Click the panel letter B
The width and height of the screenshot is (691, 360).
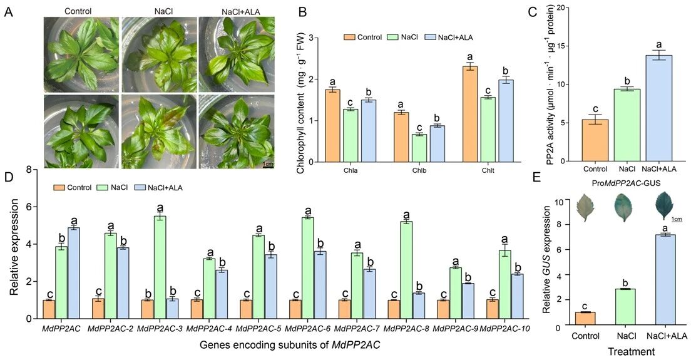(x=285, y=11)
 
